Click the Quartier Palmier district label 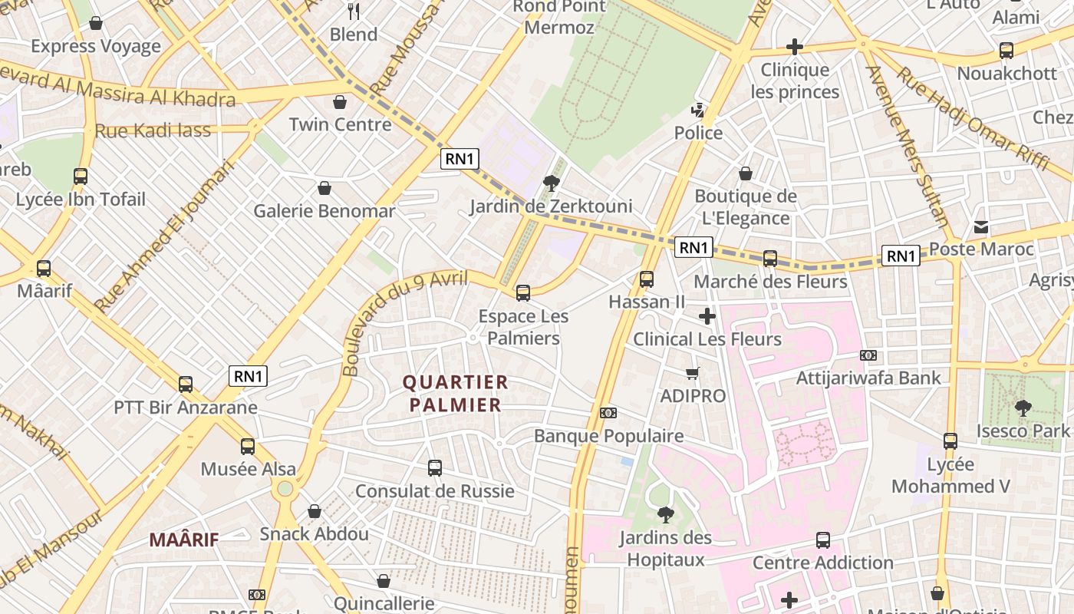coord(455,393)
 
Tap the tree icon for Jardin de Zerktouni coord(551,183)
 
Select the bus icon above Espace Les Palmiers coord(523,292)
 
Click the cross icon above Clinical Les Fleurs coord(707,315)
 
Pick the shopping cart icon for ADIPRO coord(693,374)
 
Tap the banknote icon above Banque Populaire coord(608,413)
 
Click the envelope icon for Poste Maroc coord(981,227)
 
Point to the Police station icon coord(698,111)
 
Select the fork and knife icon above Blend coord(354,12)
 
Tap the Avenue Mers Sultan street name coord(907,146)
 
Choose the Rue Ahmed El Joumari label coord(163,236)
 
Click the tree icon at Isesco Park coord(1023,408)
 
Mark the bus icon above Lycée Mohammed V coord(950,441)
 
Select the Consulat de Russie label coord(434,491)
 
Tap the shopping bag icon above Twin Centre coord(340,102)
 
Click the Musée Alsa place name coord(248,469)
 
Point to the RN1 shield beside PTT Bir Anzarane coord(249,376)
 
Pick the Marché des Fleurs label coord(770,282)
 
